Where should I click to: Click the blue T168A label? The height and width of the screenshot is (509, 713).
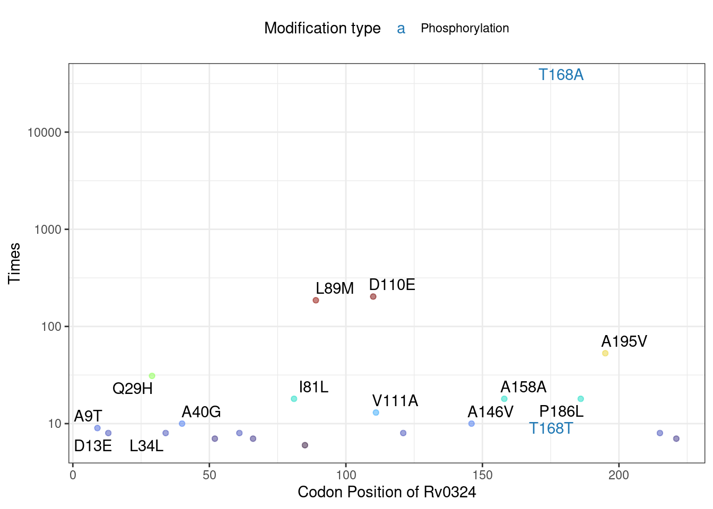561,75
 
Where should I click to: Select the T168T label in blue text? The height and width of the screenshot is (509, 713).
551,428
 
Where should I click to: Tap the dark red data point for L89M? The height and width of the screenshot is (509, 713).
316,300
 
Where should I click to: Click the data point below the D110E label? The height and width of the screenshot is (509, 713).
373,296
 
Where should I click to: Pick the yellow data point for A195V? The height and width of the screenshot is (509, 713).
605,353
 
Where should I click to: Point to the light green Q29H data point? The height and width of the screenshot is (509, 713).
152,376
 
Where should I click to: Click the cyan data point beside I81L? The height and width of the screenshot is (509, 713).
294,399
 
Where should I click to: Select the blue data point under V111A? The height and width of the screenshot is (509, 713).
376,413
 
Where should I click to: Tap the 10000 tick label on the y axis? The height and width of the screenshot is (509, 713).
45,133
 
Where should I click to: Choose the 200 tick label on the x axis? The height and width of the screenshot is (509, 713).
619,475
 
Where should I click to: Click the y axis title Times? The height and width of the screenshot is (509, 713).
14,263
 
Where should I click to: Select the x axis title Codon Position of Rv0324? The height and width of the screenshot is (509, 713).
387,493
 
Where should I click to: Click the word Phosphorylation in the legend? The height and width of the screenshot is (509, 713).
465,29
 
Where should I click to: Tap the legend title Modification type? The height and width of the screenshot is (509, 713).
322,29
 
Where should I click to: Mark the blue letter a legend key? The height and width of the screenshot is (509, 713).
401,29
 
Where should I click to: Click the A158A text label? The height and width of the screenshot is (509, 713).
523,387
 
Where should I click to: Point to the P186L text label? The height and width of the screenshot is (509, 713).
561,411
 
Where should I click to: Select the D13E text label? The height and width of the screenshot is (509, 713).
93,446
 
